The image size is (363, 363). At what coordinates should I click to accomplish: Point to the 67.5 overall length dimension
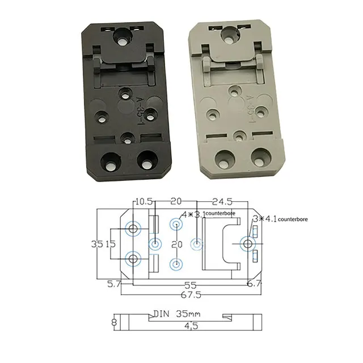[183, 295]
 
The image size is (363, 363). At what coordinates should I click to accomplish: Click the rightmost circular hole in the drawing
[248, 244]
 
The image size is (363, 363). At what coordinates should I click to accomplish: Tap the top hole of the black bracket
[120, 38]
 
